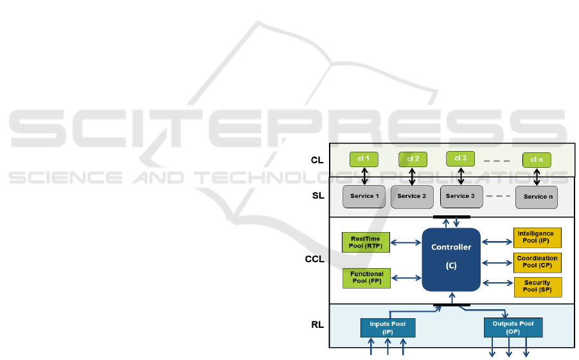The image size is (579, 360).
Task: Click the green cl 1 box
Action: point(364,159)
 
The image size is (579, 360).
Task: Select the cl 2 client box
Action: point(413,159)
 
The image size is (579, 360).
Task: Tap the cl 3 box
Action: point(461,158)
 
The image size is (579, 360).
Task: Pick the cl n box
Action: point(537,160)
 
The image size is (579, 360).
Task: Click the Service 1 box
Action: point(364,196)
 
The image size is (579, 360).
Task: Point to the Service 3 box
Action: point(461,196)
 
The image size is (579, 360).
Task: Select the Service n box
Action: point(538,197)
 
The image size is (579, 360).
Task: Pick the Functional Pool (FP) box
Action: point(366,277)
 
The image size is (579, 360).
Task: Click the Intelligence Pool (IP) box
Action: point(537,237)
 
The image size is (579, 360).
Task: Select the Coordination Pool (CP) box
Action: point(537,262)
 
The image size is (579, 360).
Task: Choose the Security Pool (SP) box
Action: point(537,287)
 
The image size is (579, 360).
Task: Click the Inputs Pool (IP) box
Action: point(387,327)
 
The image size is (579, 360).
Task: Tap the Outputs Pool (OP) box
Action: point(513,327)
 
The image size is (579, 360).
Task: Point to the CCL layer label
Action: point(315,260)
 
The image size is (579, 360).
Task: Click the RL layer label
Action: point(316,325)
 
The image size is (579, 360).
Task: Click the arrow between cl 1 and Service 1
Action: point(364,176)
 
